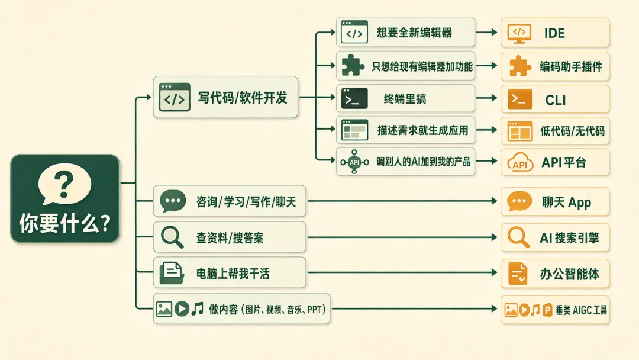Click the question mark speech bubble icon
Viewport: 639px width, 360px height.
pos(64,184)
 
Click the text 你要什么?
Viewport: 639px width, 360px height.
pos(65,223)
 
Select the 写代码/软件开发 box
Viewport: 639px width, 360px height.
pos(225,98)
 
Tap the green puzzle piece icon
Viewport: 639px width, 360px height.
pos(353,65)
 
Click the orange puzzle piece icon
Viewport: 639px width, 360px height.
pos(519,66)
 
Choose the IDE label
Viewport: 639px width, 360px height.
pos(554,33)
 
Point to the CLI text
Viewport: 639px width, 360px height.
pos(555,100)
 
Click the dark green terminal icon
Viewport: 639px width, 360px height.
pos(354,98)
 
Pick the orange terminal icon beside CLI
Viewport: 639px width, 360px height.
pos(520,99)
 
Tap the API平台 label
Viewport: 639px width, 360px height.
pos(564,163)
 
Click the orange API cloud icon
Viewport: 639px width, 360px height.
pos(520,162)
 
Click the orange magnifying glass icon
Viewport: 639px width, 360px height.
pos(518,237)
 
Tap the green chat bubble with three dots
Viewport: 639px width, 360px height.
pos(173,201)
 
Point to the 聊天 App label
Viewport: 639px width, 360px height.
pos(566,202)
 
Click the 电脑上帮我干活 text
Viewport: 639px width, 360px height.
pos(233,274)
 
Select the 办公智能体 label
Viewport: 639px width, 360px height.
pos(570,274)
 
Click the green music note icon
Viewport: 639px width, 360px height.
pos(198,308)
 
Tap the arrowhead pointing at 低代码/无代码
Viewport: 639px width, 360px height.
pos(494,130)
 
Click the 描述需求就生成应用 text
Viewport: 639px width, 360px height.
pos(422,130)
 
